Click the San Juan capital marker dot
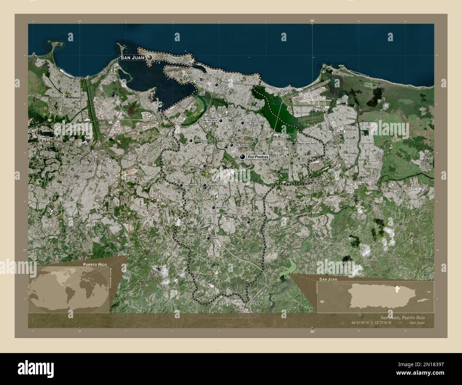(150, 57)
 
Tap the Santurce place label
(224, 85)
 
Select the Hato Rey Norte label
(210, 121)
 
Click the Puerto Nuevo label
(200, 141)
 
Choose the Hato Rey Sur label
(241, 145)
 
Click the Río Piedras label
(258, 157)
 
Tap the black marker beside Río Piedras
(243, 157)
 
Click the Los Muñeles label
(190, 185)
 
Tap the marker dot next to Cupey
(248, 222)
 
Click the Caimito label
(215, 238)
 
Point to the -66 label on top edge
(312, 21)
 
